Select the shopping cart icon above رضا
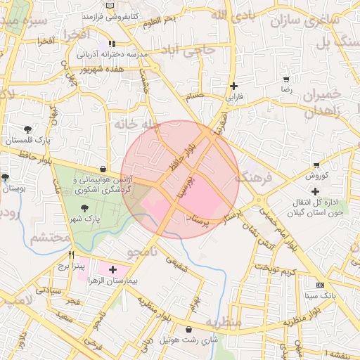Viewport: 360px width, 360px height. pos(286,79)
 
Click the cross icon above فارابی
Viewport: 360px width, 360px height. pos(233,86)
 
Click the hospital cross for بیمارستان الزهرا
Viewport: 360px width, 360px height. pos(113,269)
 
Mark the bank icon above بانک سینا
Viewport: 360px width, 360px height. pos(321,285)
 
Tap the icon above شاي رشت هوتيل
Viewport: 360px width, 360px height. pos(188,329)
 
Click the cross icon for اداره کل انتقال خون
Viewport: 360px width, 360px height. pos(315,191)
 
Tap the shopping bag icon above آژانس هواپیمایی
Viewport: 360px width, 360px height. pos(103,169)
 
